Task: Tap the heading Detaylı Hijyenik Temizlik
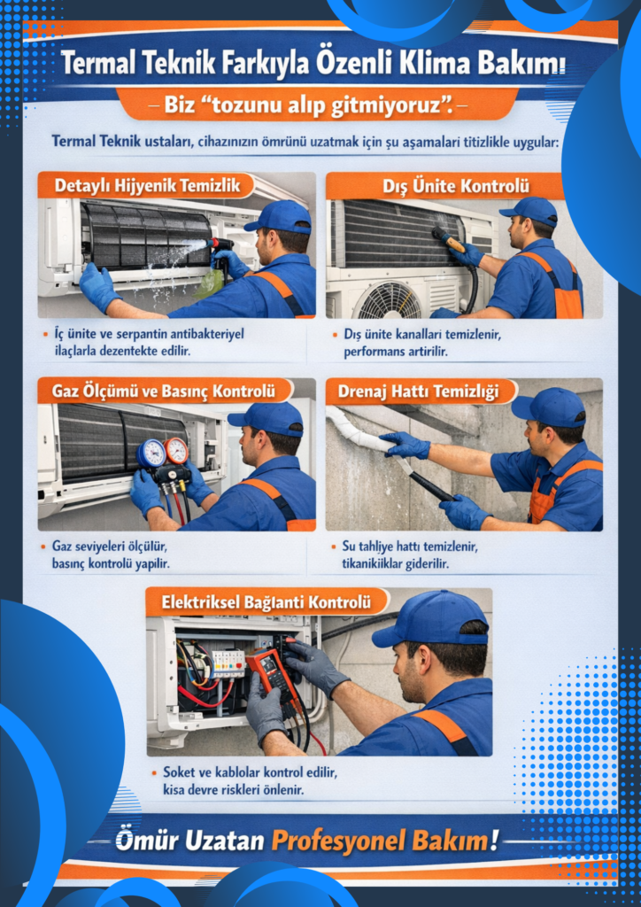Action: click(x=146, y=186)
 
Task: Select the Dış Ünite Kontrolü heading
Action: click(x=455, y=187)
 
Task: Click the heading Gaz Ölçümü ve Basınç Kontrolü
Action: click(x=163, y=391)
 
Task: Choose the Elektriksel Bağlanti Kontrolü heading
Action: click(x=266, y=602)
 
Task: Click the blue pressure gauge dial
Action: click(x=151, y=453)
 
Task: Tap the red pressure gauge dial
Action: click(x=175, y=450)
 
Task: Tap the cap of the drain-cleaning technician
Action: click(x=549, y=407)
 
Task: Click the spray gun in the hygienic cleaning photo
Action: click(x=222, y=249)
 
